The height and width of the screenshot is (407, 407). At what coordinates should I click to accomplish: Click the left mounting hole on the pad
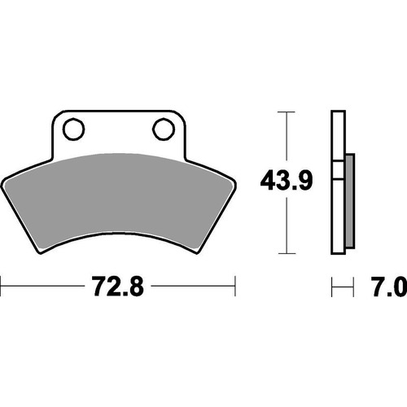pyautogui.click(x=71, y=128)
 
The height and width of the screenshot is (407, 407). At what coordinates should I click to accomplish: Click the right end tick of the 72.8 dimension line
pyautogui.click(x=235, y=287)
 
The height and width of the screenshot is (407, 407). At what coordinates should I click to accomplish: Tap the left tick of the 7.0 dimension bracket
pyautogui.click(x=333, y=287)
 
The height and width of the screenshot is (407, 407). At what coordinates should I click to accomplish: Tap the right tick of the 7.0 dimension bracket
pyautogui.click(x=355, y=287)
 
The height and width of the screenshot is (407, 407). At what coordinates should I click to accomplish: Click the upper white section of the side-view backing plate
pyautogui.click(x=337, y=134)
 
